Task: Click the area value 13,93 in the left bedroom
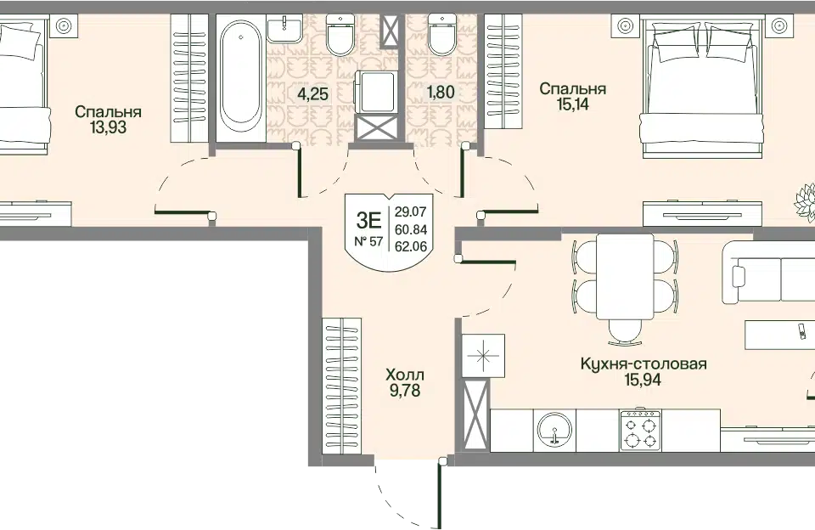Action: tap(108, 127)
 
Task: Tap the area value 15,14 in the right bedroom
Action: tap(573, 104)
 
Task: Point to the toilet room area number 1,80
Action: tap(441, 93)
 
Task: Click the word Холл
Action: tap(405, 375)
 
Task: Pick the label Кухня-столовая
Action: tap(644, 364)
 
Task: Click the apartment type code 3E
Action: tap(368, 220)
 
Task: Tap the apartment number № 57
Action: tap(368, 241)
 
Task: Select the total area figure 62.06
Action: tap(411, 246)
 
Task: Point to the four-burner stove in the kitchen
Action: tap(640, 431)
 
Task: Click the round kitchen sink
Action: tap(555, 431)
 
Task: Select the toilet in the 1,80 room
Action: tap(441, 35)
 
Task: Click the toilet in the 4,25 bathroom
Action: tap(340, 35)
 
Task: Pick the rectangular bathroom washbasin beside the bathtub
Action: tap(285, 29)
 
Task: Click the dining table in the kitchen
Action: tap(625, 276)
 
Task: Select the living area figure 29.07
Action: tap(411, 211)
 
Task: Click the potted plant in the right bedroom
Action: tap(805, 202)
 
